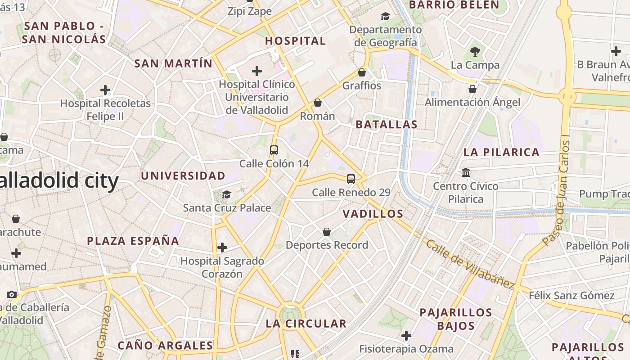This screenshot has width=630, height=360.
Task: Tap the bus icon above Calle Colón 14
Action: tap(274, 150)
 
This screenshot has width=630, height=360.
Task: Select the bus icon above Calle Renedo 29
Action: tap(351, 179)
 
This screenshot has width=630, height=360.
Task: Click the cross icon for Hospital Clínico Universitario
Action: tap(257, 71)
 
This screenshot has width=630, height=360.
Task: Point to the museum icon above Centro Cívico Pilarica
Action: tap(466, 173)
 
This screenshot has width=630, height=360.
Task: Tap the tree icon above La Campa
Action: tap(475, 51)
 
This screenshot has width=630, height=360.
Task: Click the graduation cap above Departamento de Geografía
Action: tap(385, 17)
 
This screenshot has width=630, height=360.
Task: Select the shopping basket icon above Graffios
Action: tap(361, 72)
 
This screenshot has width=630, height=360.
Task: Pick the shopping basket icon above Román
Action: tap(318, 103)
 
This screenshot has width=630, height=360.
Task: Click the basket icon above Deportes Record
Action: tap(327, 232)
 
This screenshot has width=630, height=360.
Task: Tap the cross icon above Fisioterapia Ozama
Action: tap(406, 336)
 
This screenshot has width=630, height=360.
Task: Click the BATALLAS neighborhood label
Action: tap(387, 125)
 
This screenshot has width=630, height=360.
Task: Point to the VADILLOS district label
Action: tap(373, 214)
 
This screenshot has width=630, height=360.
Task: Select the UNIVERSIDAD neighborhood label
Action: tap(183, 175)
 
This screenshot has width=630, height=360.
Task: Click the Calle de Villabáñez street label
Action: tap(470, 264)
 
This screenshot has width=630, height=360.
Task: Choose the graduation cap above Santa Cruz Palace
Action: tap(226, 194)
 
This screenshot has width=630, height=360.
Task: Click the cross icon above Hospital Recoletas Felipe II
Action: tap(105, 90)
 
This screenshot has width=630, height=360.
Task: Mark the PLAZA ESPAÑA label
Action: tap(133, 241)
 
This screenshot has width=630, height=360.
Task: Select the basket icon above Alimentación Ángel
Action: tap(472, 89)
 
